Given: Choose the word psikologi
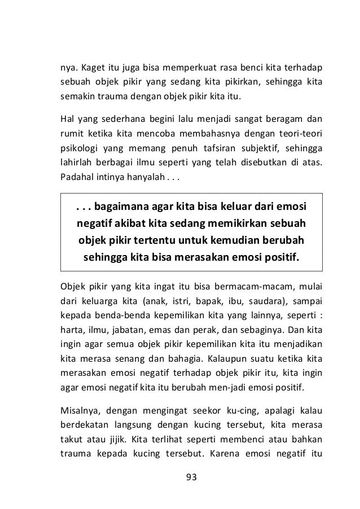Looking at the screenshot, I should (80, 149).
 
